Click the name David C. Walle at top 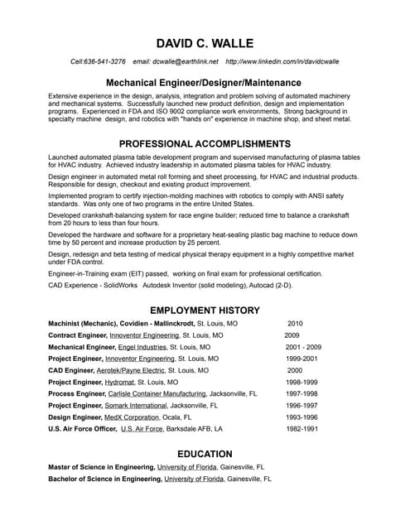click(x=205, y=43)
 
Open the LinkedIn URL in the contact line click(x=282, y=61)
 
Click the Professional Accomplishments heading click(x=205, y=143)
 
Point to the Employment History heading click(x=205, y=310)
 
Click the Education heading click(x=205, y=454)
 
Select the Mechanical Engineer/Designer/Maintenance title click(x=205, y=83)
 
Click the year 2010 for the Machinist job click(x=296, y=323)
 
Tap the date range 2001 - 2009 click(x=303, y=347)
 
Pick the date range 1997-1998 click(x=301, y=395)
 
